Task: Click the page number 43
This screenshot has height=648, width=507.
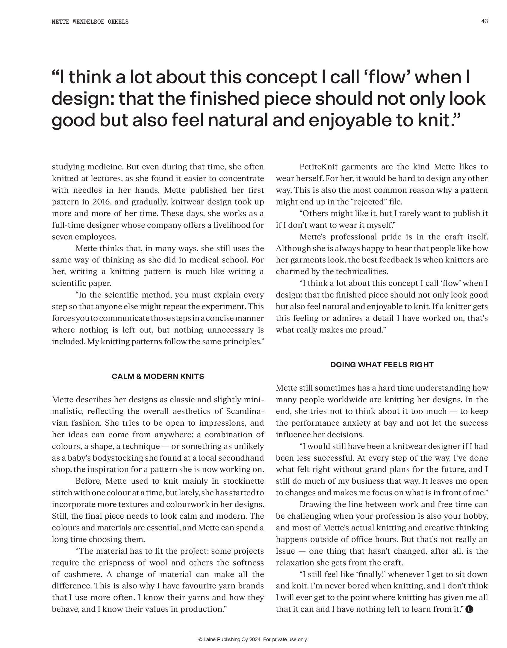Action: coord(485,21)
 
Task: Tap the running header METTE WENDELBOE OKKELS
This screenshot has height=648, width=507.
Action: coord(90,22)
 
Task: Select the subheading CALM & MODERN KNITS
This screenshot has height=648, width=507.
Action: coord(158,376)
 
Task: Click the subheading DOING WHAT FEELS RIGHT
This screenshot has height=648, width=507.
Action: coord(382,365)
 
